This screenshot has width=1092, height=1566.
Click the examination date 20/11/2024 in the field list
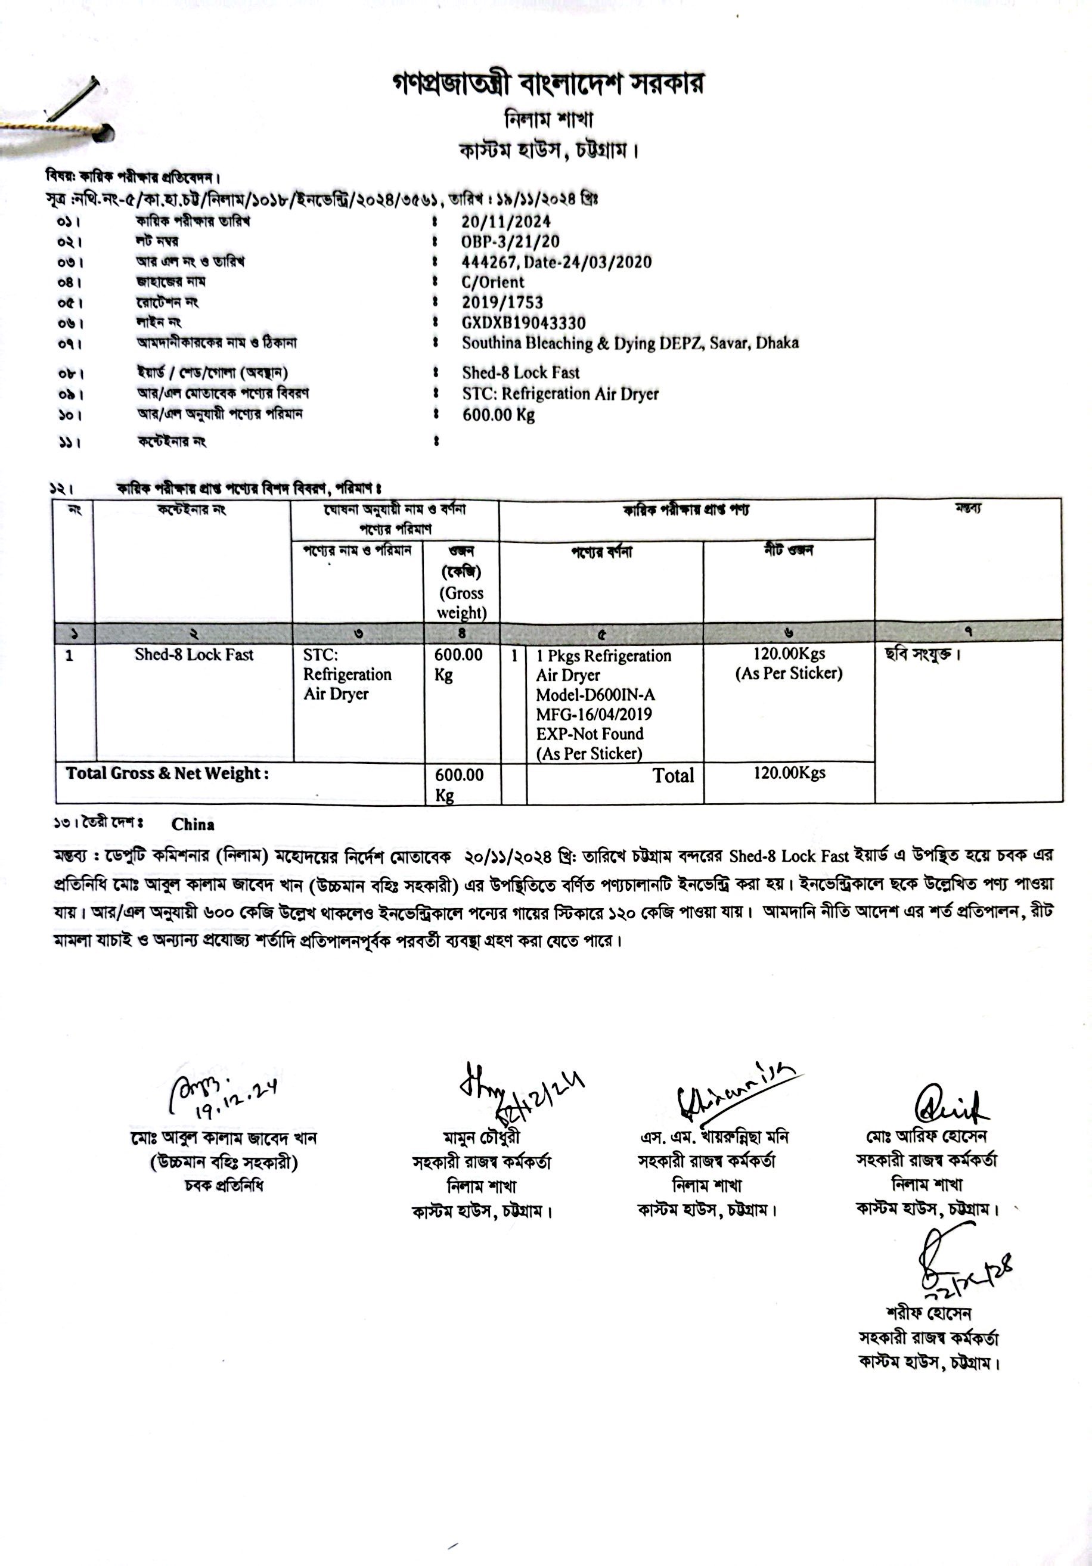[x=505, y=222]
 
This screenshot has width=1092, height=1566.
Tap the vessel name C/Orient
[x=492, y=282]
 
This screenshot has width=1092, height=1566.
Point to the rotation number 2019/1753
[x=502, y=302]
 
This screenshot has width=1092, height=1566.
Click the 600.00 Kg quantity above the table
[x=498, y=415]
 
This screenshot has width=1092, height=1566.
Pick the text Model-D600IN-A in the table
[x=595, y=695]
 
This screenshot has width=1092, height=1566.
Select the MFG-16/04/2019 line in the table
[x=594, y=715]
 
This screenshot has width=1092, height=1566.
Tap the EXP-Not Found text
[x=590, y=734]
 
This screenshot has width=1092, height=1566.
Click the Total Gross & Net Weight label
[x=167, y=773]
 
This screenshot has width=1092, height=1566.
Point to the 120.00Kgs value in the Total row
[x=789, y=773]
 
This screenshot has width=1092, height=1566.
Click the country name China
[x=193, y=825]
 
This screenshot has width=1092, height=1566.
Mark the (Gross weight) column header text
[x=462, y=603]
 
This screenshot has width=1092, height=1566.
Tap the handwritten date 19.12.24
[x=235, y=1099]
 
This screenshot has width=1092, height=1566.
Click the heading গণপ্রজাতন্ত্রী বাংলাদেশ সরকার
[x=548, y=84]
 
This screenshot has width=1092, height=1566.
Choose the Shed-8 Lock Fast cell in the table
[x=194, y=655]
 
